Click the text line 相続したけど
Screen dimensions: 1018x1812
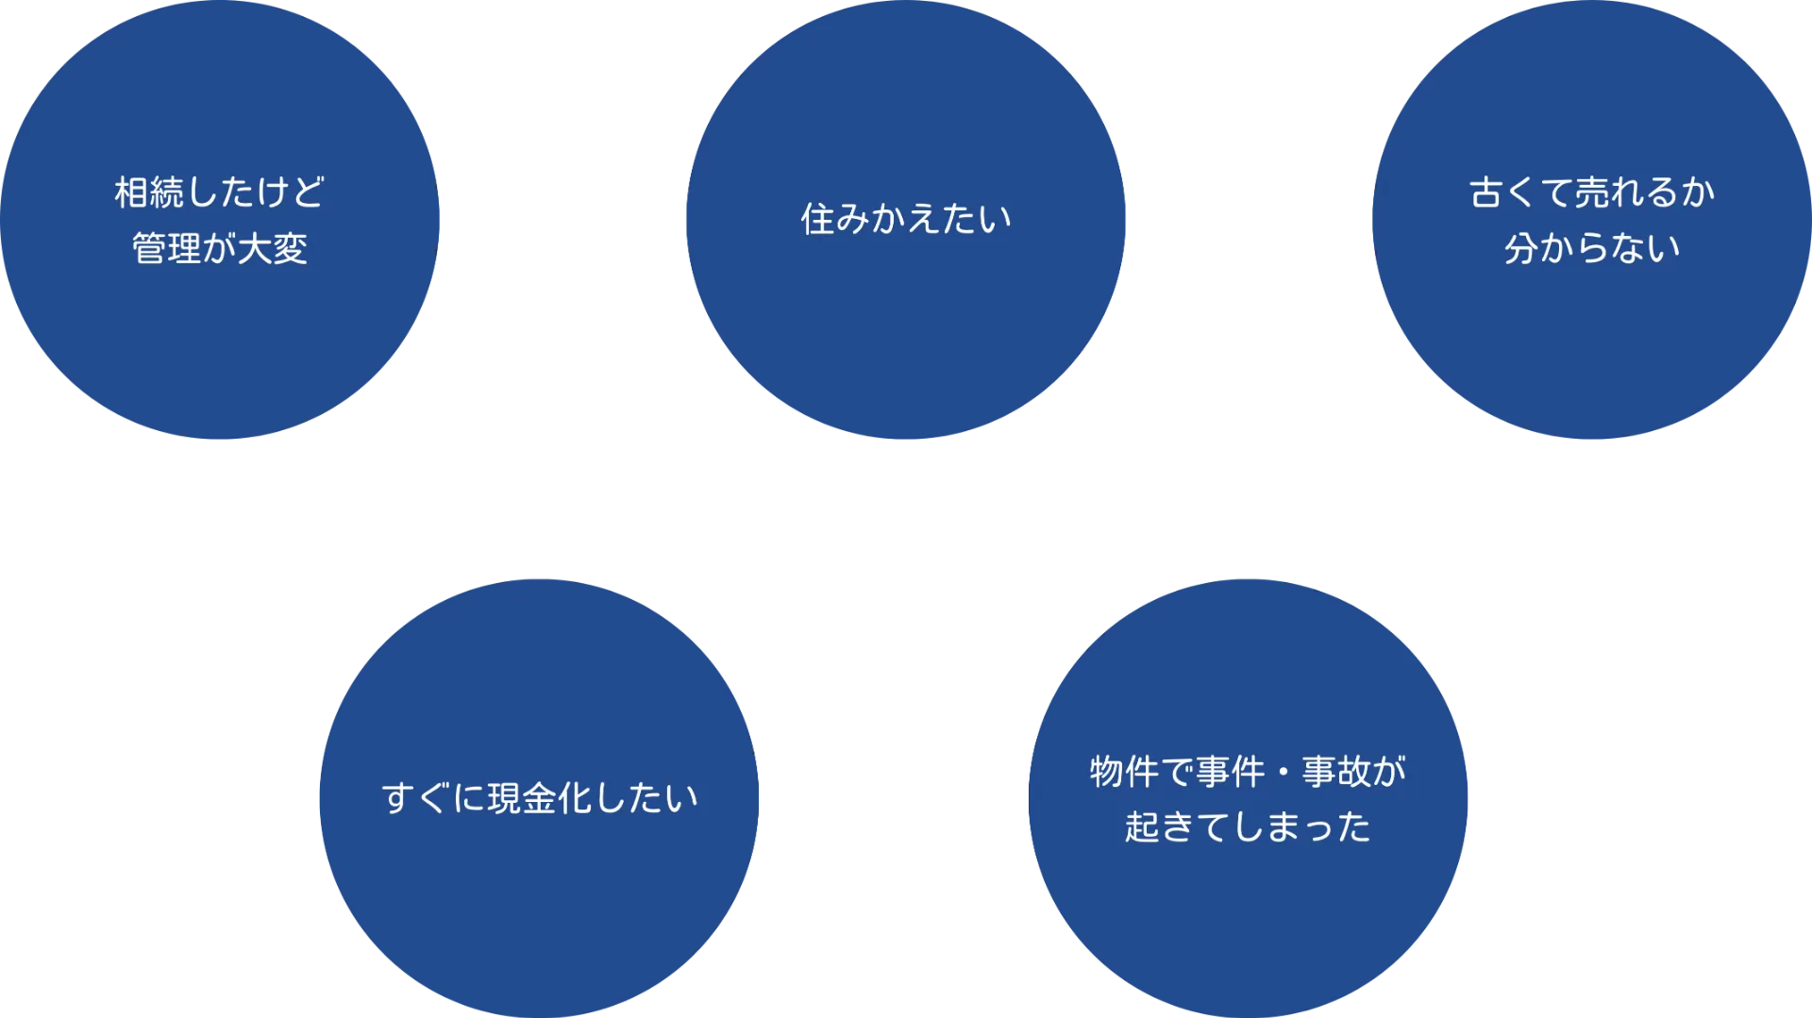219,192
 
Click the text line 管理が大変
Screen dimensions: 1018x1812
219,249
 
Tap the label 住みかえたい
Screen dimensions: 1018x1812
906,219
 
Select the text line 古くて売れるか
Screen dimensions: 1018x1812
1592,192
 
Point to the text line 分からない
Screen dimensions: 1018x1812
1592,249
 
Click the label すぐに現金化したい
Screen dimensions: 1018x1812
540,798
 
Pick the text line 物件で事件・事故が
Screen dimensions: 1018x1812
1248,772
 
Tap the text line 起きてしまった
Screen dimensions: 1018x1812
1248,827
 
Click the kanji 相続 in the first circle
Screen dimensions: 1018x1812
150,192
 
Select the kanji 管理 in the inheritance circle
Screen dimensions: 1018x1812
167,249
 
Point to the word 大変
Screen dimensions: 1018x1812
273,249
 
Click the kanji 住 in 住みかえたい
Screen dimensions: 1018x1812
817,219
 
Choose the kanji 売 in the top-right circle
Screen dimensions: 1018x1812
1592,192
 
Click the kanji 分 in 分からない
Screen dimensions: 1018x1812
1521,249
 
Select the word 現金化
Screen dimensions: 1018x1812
541,798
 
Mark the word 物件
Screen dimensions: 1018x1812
1125,772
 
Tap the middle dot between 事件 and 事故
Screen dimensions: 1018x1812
1283,773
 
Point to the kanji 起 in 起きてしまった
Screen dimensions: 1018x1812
1142,827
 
